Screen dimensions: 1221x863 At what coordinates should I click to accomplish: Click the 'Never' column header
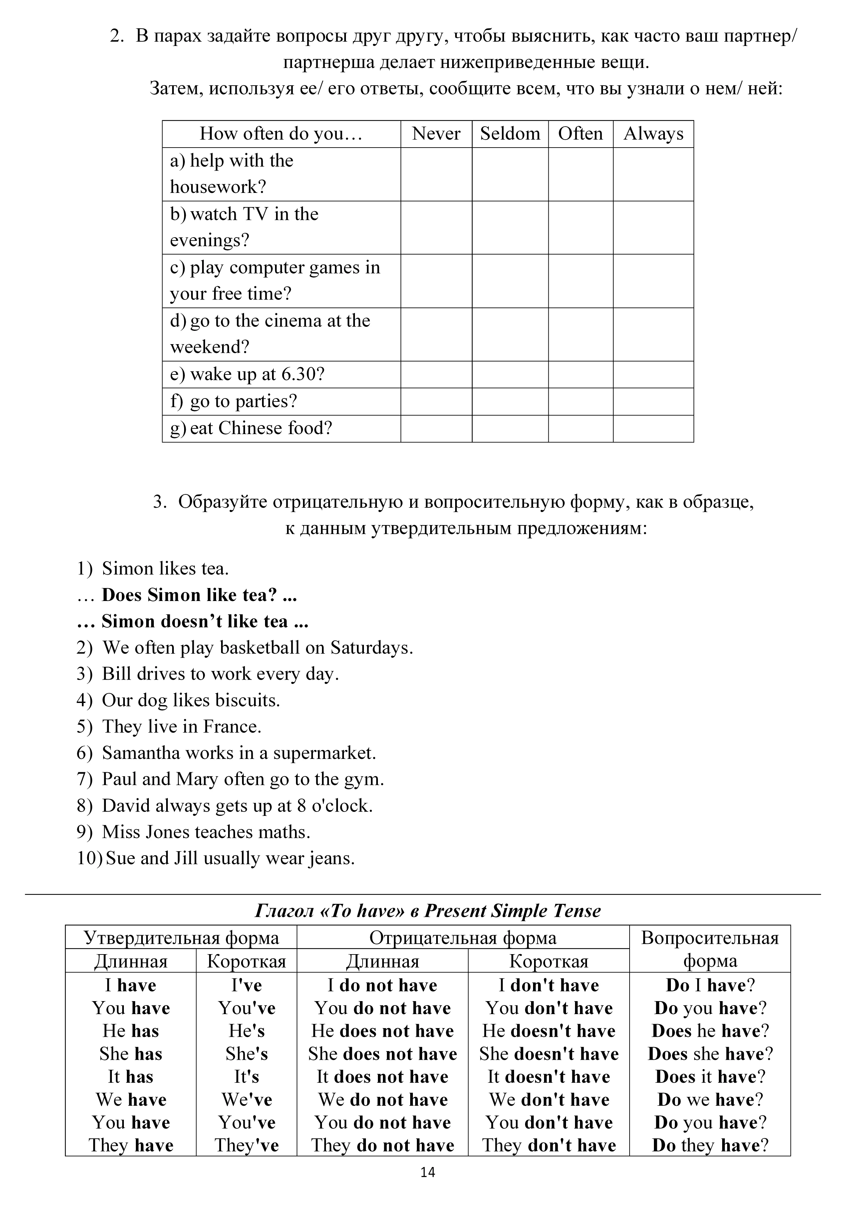click(x=436, y=134)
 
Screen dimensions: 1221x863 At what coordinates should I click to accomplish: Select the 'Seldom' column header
click(x=510, y=134)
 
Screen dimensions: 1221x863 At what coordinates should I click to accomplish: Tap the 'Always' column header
click(x=653, y=134)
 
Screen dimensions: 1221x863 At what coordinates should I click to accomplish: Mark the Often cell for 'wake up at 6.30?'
click(x=580, y=374)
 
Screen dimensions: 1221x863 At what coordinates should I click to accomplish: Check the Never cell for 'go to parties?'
click(x=436, y=401)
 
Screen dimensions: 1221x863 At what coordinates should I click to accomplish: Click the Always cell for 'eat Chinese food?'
click(x=653, y=429)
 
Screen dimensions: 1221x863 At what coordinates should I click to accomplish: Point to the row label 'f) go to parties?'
click(x=233, y=401)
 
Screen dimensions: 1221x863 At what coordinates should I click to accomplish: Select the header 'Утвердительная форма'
click(x=181, y=937)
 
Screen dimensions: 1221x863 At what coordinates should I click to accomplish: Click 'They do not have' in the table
click(x=383, y=1145)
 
